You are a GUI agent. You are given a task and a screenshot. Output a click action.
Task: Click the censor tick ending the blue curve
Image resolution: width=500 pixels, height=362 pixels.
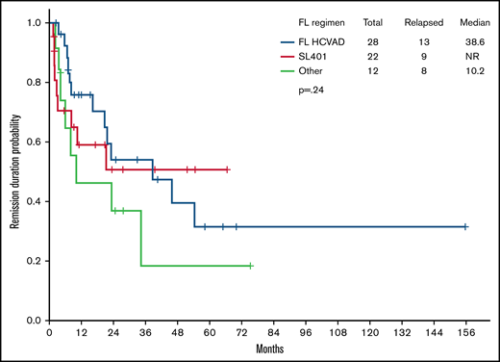click(465, 226)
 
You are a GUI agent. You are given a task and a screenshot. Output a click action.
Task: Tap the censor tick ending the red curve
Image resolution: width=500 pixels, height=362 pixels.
click(227, 168)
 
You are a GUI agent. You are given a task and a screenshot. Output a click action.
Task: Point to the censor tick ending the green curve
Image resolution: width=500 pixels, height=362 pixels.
click(251, 265)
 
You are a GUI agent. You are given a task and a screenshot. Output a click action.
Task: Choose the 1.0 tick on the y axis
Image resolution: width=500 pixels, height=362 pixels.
click(34, 22)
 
